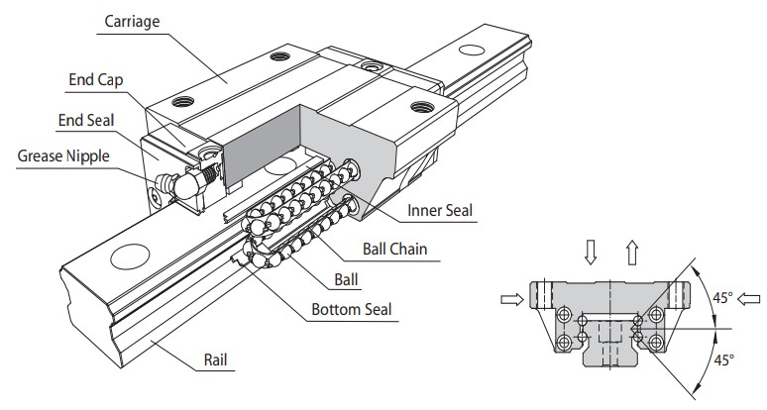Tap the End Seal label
pyautogui.click(x=86, y=120)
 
